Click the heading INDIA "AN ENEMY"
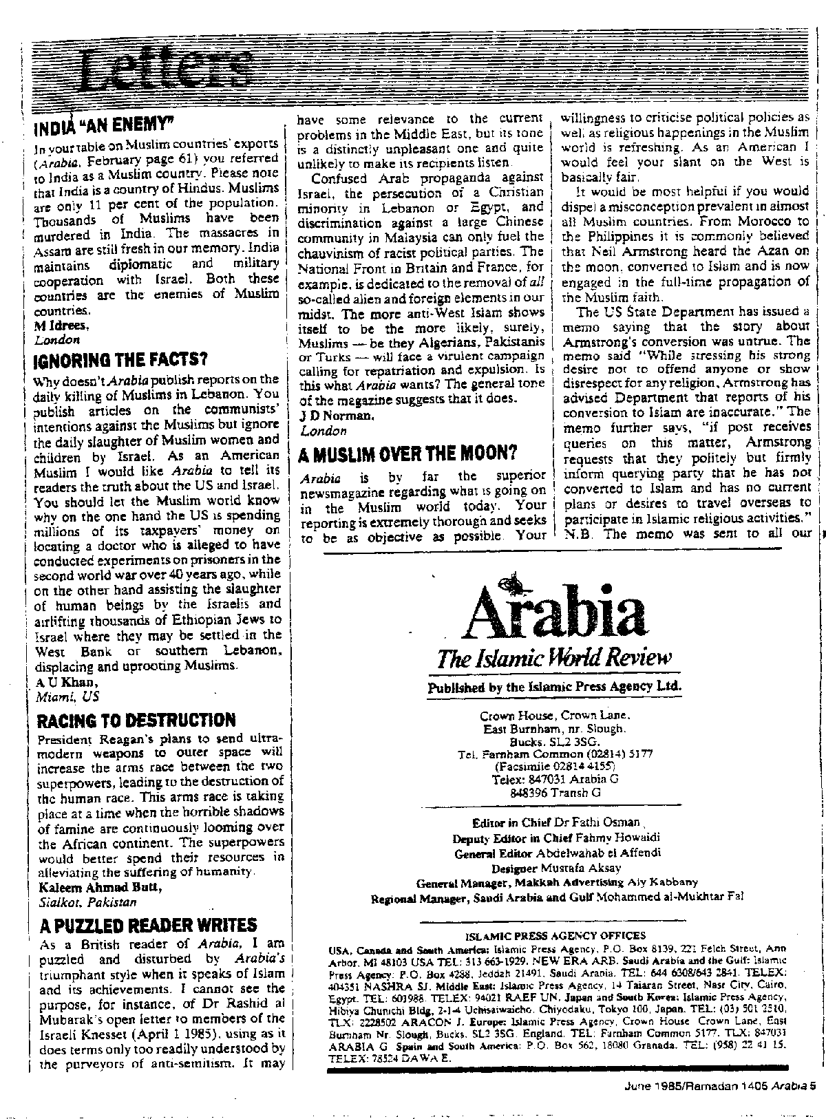pos(103,126)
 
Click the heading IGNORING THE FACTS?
pos(120,360)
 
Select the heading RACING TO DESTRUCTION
pos(136,721)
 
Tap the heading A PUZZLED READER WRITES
pos(149,924)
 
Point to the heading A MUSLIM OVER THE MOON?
pos(409,454)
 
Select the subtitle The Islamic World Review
pos(553,659)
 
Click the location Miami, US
pos(67,696)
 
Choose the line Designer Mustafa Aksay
pos(556,868)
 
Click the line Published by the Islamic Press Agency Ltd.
pos(554,687)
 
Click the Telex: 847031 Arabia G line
pos(555,780)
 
